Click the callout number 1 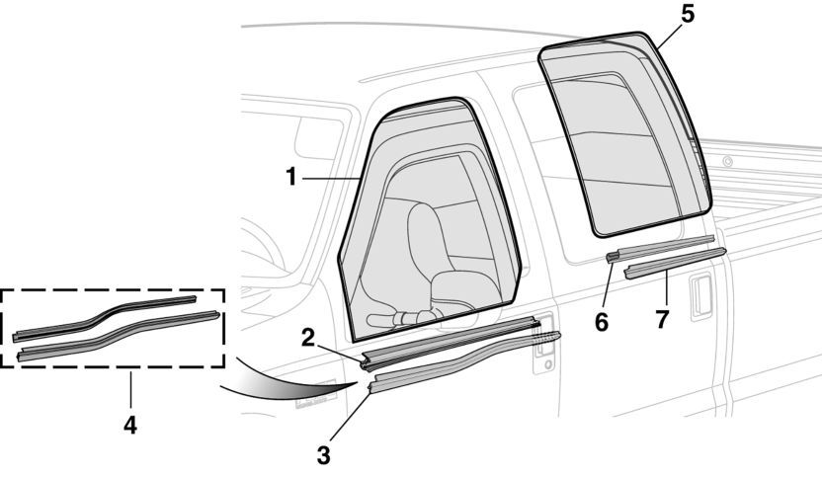[x=291, y=178]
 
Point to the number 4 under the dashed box [x=129, y=427]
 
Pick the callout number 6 [x=601, y=322]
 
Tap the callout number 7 [x=662, y=319]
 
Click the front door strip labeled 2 [x=450, y=337]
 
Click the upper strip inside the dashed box [x=109, y=316]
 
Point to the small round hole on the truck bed [x=728, y=160]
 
